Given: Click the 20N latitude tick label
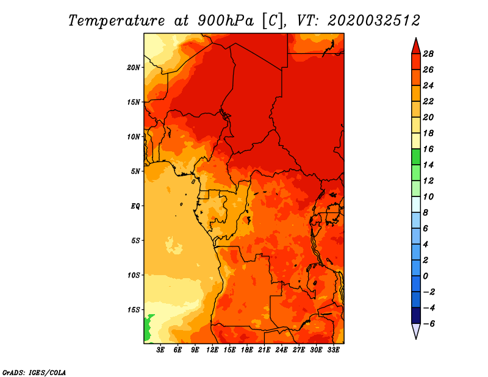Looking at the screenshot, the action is click(x=133, y=68).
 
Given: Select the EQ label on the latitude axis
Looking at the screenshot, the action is click(x=135, y=206).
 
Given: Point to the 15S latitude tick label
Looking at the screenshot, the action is click(x=133, y=310).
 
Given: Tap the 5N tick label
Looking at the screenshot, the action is click(x=135, y=171).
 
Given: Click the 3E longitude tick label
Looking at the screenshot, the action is click(x=160, y=350).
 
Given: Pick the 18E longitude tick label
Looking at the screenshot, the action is click(x=247, y=350).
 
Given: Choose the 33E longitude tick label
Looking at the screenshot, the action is click(x=333, y=350).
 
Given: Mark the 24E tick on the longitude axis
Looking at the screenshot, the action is click(x=281, y=350).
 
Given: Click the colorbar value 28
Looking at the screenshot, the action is click(x=428, y=54).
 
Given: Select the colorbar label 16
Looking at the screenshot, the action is click(x=428, y=149).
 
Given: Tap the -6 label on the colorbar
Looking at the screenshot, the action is click(x=429, y=324).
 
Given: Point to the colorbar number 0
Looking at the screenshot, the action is click(x=425, y=276).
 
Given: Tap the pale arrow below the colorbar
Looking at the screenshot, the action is click(x=416, y=330).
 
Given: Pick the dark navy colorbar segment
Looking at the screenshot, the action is click(x=416, y=315).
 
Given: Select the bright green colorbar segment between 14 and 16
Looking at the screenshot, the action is click(x=416, y=157).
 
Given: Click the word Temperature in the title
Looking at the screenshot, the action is click(x=117, y=21).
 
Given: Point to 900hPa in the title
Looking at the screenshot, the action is click(x=225, y=21).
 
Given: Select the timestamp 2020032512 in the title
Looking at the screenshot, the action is click(x=373, y=21).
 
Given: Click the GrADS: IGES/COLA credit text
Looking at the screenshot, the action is click(x=34, y=372).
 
